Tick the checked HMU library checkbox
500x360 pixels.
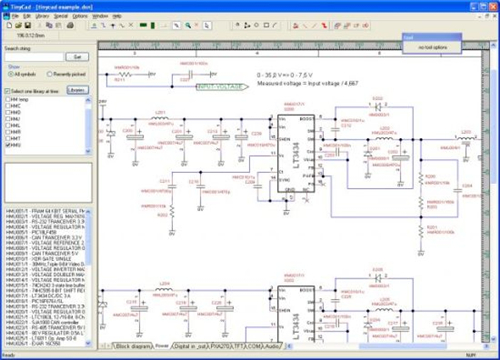pos(7,144)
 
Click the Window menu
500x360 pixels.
pos(100,16)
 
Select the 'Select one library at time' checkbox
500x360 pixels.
pos(7,90)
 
